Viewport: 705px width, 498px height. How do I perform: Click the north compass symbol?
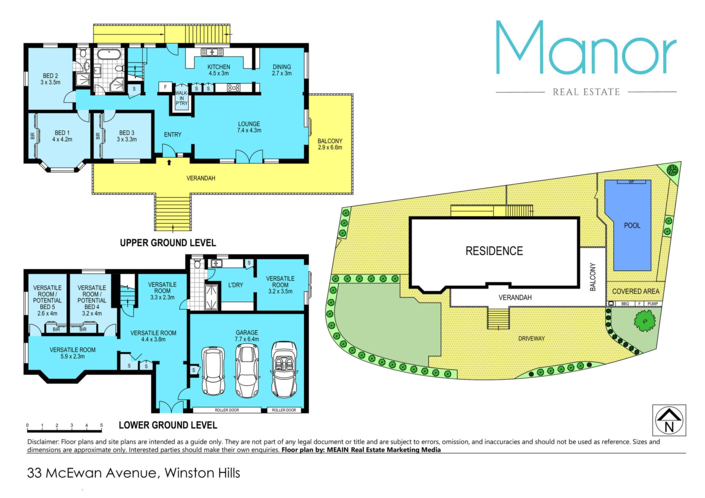669,420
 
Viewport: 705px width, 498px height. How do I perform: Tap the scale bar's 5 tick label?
101,425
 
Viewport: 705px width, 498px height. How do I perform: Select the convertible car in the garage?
284,370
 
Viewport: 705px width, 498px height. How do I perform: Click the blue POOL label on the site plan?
632,225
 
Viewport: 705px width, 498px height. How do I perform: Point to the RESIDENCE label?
494,251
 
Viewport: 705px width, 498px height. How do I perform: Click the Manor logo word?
586,47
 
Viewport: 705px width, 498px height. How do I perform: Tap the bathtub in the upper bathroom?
109,55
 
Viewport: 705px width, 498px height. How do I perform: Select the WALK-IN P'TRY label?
181,98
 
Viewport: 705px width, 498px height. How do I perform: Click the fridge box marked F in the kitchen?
165,87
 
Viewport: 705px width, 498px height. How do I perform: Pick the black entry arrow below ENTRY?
169,162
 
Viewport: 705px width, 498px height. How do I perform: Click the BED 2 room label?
50,79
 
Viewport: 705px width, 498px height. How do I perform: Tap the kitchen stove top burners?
234,88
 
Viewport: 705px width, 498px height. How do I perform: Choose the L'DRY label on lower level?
235,285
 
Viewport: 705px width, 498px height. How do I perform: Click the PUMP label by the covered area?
652,304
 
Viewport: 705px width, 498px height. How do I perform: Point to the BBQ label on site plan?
625,304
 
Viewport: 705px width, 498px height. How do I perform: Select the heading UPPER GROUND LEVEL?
168,243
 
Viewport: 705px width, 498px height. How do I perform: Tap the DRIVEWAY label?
531,338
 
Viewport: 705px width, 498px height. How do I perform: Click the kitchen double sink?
212,52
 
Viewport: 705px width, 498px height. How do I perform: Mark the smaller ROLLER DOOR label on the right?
284,410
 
